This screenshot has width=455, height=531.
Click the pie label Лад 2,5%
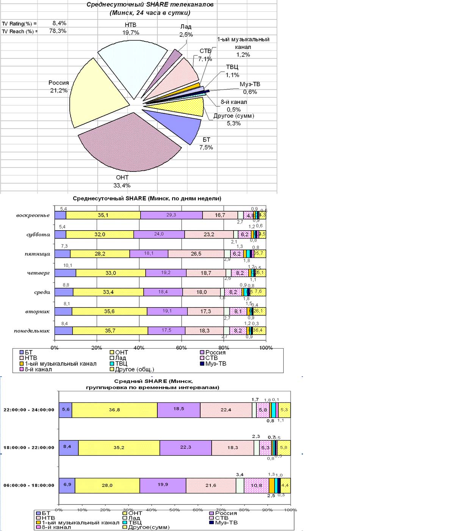click(x=186, y=31)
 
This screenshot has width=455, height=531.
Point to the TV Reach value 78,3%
click(x=58, y=31)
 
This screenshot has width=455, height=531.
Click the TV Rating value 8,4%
click(x=59, y=23)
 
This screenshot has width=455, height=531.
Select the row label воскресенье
click(x=33, y=215)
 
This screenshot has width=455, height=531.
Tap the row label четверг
click(x=38, y=273)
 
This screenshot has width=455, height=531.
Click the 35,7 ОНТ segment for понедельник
click(x=110, y=331)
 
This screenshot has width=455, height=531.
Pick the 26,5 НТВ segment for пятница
click(x=196, y=254)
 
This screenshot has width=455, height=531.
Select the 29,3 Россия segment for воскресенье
click(x=171, y=215)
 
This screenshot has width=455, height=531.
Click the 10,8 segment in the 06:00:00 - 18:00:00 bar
click(x=256, y=485)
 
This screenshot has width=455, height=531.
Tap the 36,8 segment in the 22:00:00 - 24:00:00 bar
click(x=115, y=410)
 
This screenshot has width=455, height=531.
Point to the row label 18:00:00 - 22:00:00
click(x=29, y=448)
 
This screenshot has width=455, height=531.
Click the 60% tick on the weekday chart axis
click(x=181, y=348)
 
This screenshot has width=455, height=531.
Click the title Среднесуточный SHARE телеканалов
click(x=150, y=5)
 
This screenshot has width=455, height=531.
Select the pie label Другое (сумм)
click(x=234, y=116)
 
